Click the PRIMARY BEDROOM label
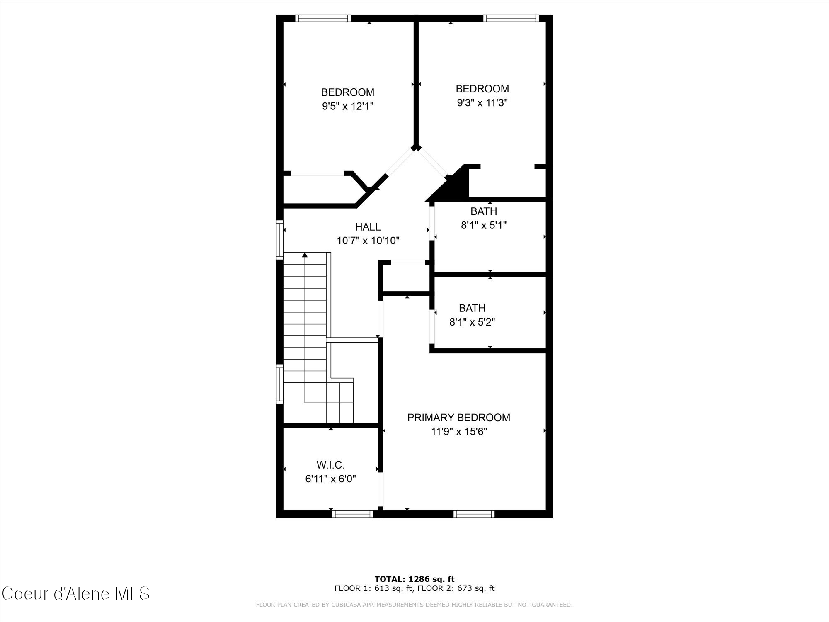458,418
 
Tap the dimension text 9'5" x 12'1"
348,106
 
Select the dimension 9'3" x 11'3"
482,102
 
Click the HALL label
368,227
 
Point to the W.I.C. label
330,465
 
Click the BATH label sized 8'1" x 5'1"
484,211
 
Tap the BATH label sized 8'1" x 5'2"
472,308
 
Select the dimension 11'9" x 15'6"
458,432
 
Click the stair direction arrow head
305,255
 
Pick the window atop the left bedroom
323,18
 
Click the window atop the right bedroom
511,18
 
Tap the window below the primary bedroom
474,514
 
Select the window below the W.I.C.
353,514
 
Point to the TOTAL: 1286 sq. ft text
414,579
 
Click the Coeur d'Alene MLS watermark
76,594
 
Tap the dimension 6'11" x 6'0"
330,479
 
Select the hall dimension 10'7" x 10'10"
368,241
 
